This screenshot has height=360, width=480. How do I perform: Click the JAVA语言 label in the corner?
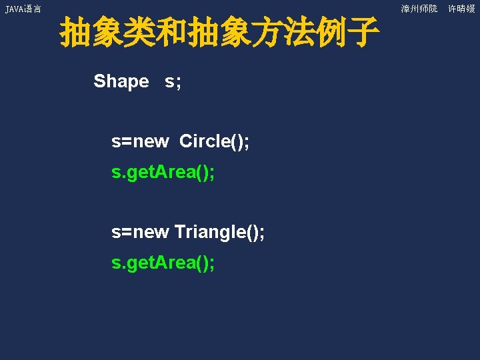point(23,9)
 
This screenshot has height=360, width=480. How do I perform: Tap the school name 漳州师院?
point(419,9)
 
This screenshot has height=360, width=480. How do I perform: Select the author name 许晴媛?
point(461,9)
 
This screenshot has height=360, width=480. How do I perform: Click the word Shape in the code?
point(121,81)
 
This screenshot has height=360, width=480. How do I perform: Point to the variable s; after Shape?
point(173,81)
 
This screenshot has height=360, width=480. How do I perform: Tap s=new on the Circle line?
point(140,141)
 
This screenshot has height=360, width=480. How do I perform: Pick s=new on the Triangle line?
point(140,232)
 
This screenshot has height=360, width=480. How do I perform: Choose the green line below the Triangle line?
point(163,263)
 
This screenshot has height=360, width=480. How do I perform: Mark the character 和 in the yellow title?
point(170,33)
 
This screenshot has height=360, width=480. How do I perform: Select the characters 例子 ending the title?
point(347,33)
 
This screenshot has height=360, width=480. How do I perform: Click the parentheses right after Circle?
point(235,141)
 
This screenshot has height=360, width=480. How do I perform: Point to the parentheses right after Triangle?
point(250,232)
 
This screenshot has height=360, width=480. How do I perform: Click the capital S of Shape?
point(100,81)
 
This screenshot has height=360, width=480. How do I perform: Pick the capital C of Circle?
point(186,141)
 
